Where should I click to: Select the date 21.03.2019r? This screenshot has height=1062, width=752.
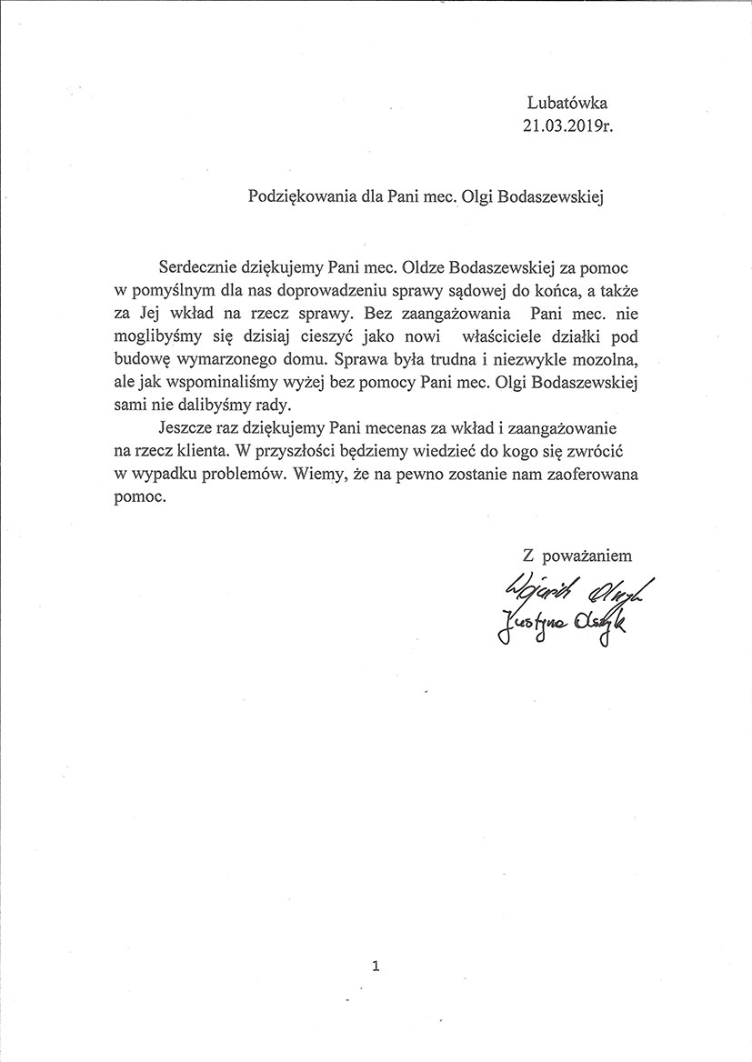(567, 125)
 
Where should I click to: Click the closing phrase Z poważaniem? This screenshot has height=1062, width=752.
(576, 554)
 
